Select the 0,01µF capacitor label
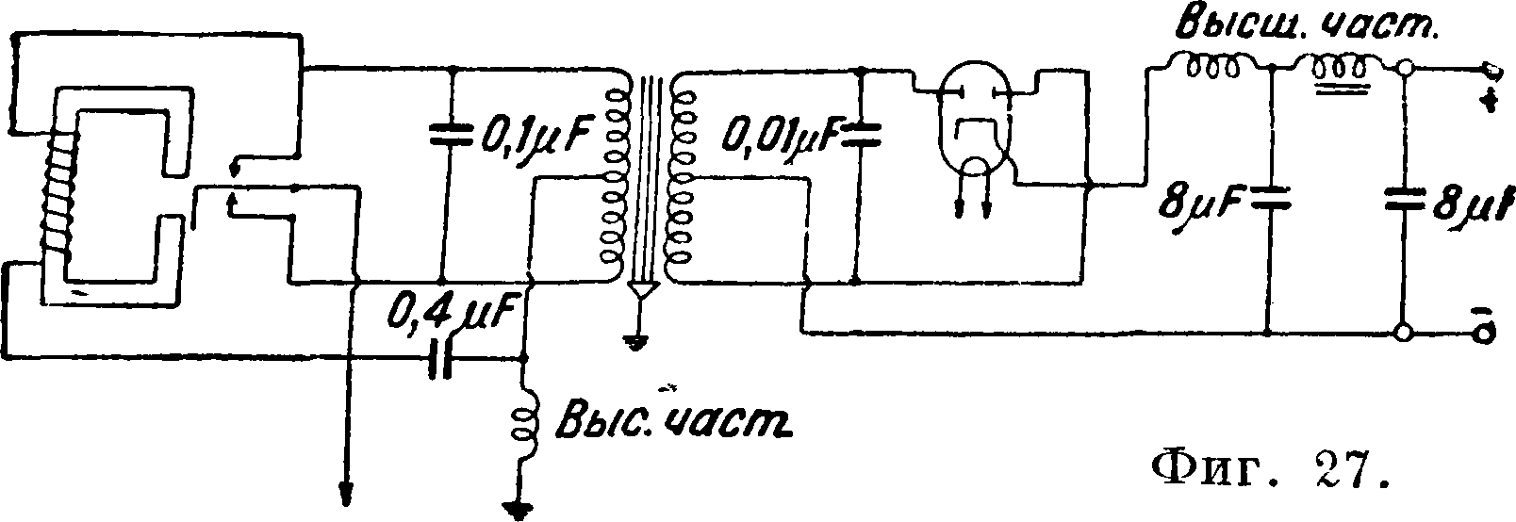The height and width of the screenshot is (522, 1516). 777,139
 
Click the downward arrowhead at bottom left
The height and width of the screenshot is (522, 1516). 346,491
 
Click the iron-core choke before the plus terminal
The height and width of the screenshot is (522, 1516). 1339,71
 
